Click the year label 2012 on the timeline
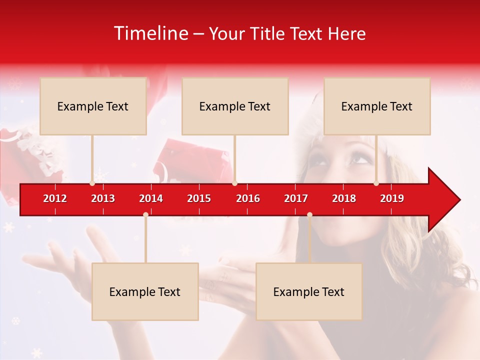[55, 198]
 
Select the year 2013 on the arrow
[103, 198]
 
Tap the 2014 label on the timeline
[151, 198]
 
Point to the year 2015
[199, 198]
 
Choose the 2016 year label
[248, 198]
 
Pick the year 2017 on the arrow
[296, 198]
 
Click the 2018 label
[344, 198]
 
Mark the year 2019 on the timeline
[392, 198]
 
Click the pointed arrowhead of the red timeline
[445, 199]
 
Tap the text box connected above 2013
[93, 106]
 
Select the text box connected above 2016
[235, 106]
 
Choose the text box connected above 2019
[377, 106]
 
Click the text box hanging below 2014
[145, 291]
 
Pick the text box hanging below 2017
[309, 291]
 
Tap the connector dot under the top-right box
[376, 183]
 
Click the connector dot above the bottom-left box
[145, 214]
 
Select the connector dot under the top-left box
[92, 183]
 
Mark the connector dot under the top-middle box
[234, 183]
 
